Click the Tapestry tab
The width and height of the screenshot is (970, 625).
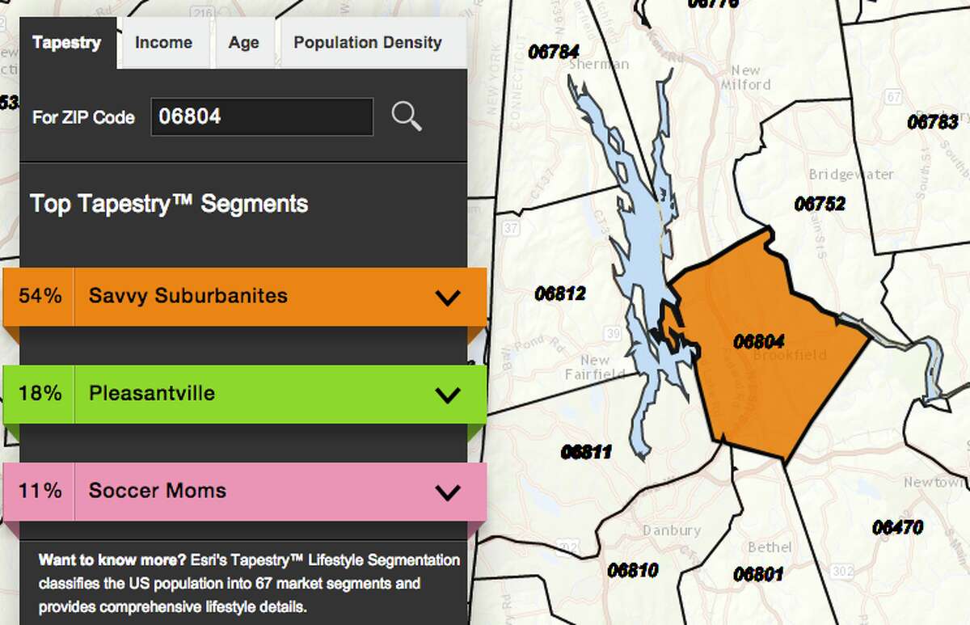67,43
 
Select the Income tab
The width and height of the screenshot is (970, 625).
163,43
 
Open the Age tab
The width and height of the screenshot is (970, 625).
243,43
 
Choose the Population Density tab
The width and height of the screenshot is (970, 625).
368,43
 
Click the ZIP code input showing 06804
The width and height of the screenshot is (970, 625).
262,116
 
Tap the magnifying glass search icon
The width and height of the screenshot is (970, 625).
407,116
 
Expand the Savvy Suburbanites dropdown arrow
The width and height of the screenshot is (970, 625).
447,297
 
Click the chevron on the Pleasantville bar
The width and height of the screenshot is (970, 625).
447,395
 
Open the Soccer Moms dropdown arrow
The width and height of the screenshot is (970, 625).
447,492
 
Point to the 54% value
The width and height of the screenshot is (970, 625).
40,296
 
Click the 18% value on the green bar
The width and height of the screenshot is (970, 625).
40,394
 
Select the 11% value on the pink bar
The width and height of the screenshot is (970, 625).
40,491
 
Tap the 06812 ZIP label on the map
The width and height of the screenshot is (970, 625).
559,293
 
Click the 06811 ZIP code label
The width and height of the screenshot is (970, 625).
586,452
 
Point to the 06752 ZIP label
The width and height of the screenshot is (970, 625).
820,204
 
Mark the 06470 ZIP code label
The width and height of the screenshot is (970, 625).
897,527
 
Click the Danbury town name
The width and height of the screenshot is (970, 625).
671,531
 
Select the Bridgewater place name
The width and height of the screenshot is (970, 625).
851,175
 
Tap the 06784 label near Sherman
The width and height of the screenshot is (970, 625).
554,51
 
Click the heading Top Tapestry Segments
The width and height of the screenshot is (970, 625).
169,203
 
